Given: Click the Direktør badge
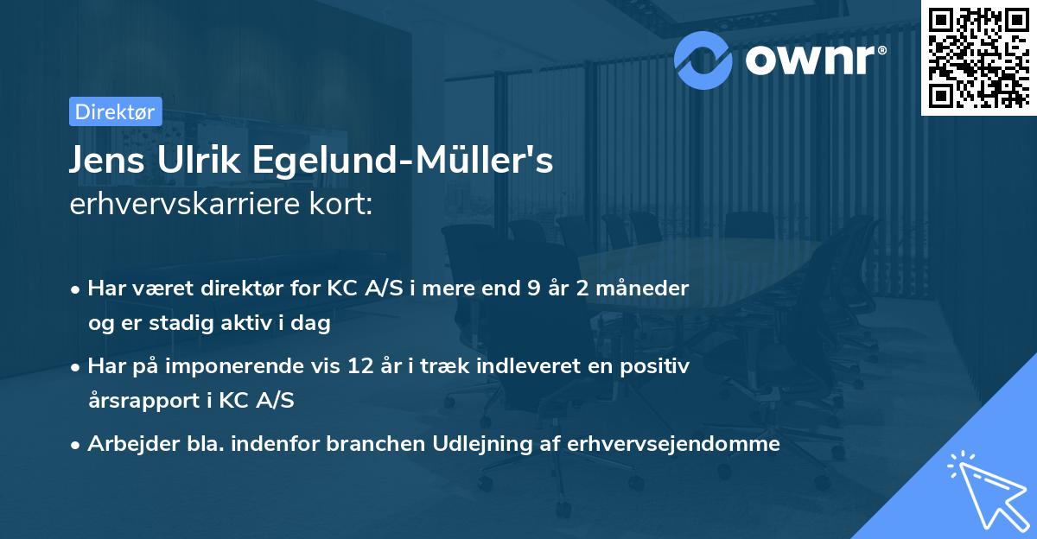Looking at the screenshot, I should click(115, 111).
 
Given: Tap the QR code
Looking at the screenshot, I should click(977, 57).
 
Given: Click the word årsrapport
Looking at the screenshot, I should click(143, 401).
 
